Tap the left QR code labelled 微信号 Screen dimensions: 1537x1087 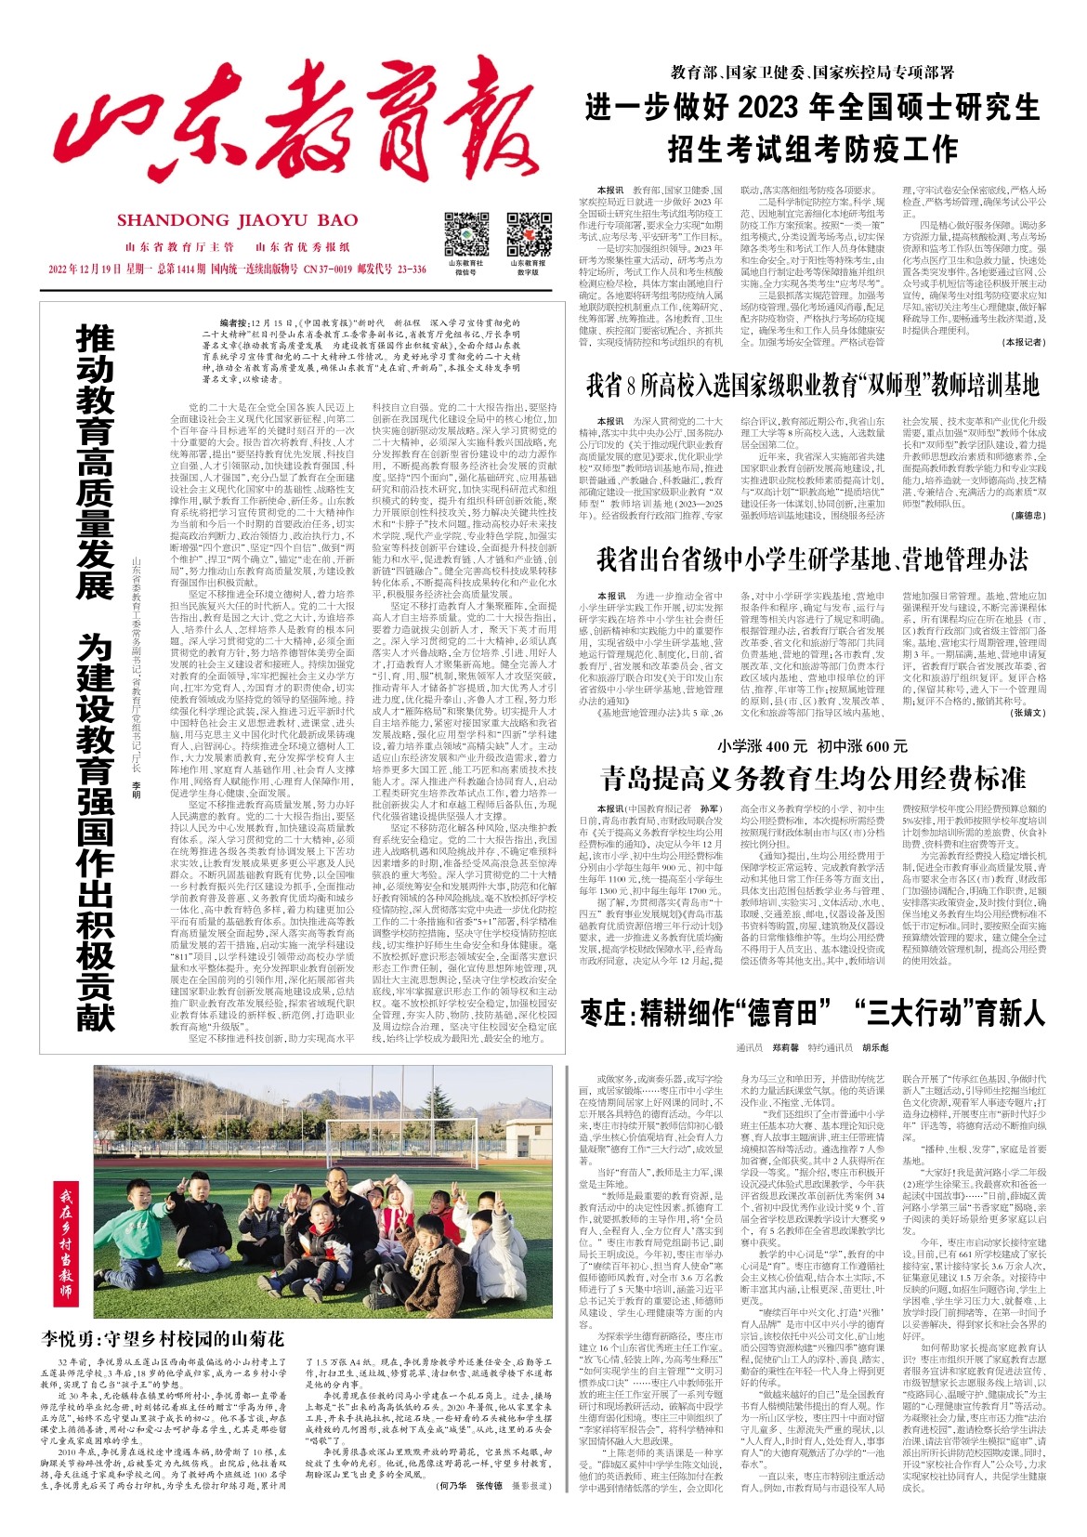click(x=465, y=235)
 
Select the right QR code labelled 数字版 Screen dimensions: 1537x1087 click(x=528, y=235)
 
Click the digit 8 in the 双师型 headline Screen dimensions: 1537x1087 click(x=635, y=384)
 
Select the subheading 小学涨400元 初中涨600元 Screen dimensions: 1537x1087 click(x=812, y=745)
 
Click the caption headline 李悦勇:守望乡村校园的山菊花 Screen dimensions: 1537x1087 click(x=163, y=1339)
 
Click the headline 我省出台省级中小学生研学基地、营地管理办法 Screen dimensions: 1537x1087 click(x=812, y=559)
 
